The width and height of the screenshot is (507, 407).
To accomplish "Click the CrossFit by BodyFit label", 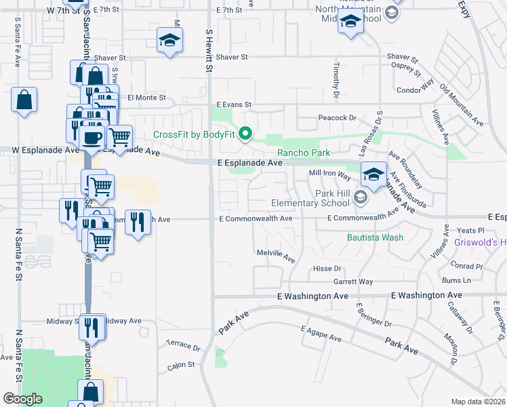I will coord(193,134).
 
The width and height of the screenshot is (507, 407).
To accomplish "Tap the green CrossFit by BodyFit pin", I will coord(247,134).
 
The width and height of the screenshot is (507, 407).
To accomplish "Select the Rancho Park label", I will coord(304,153).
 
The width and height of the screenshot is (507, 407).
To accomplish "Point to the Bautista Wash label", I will coord(375,237).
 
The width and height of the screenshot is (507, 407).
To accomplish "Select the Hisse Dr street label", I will coord(327,269).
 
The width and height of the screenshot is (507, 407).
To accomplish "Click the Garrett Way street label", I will coord(352,282).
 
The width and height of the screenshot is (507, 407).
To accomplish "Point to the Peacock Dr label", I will coord(337,118).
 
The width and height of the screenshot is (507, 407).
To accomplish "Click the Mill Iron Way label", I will coord(329,174).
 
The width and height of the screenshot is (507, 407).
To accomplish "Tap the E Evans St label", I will coord(234,105).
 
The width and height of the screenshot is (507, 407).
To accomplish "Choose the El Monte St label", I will coord(146,98).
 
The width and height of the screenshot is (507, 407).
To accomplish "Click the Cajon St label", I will coord(181,365).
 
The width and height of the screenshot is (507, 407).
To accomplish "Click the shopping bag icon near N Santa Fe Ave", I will coord(24,100).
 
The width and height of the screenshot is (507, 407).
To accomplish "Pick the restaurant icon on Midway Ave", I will coord(91,327).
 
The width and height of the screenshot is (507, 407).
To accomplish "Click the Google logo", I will coord(22,399).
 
